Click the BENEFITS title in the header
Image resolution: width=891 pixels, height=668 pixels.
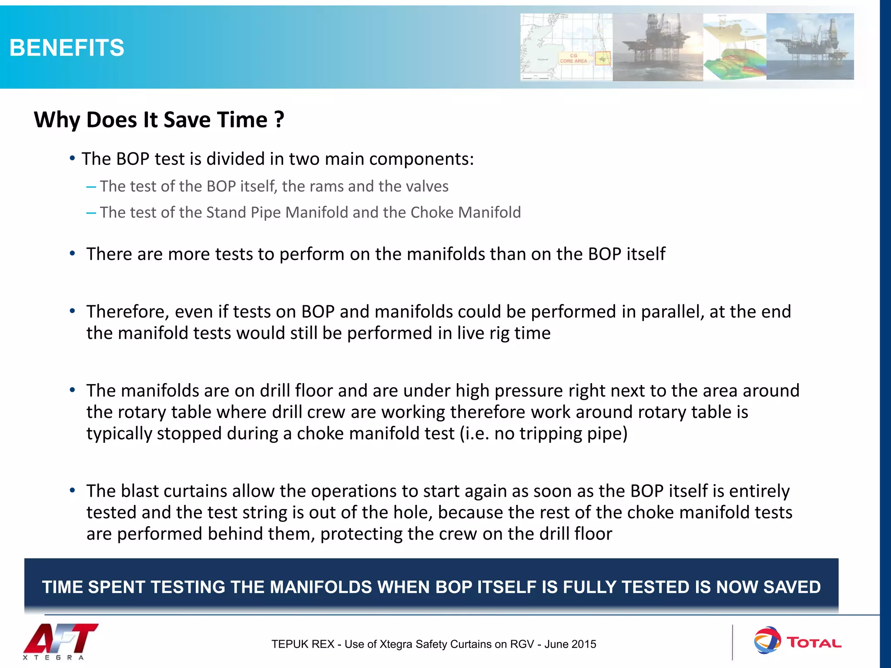pos(67,47)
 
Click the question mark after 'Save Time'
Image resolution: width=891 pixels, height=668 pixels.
pos(279,120)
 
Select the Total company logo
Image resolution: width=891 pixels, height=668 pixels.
pos(797,641)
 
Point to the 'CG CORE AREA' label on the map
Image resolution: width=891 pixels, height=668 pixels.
pos(573,59)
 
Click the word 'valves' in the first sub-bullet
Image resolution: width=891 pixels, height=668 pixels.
pos(427,186)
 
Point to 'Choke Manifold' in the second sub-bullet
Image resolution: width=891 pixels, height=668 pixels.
pos(466,212)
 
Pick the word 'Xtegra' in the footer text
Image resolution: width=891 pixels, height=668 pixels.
pos(395,644)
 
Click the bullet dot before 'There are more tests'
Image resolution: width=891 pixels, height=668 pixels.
pos(73,253)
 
